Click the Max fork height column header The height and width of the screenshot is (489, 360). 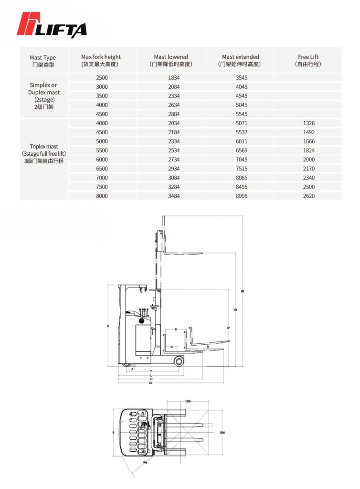[101, 60]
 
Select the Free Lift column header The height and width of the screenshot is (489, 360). [308, 60]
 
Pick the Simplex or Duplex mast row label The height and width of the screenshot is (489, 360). [43, 96]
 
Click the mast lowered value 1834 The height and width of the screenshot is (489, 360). [171, 77]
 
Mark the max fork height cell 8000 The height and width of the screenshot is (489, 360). [102, 196]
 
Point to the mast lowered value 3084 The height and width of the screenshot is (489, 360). [171, 178]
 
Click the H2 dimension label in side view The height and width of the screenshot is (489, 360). [243, 291]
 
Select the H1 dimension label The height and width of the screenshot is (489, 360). [229, 328]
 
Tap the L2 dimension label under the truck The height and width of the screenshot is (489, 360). [150, 383]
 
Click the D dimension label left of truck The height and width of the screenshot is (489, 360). [108, 326]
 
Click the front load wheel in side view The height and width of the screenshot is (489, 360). [179, 361]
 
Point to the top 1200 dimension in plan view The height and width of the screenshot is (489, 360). [188, 402]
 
